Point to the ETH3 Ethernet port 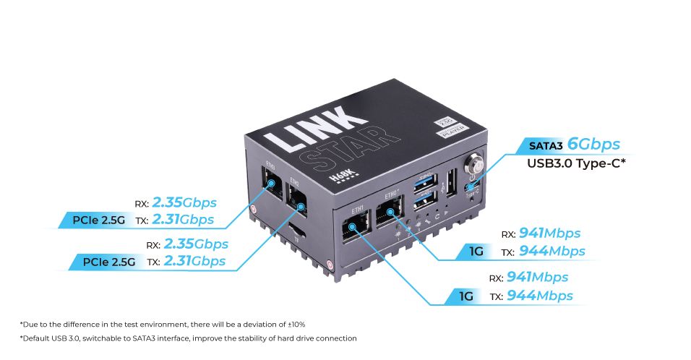272,185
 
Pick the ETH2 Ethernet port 296,196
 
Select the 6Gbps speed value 593,144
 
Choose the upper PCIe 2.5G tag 103,219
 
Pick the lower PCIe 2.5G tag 109,262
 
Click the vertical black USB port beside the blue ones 450,180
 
